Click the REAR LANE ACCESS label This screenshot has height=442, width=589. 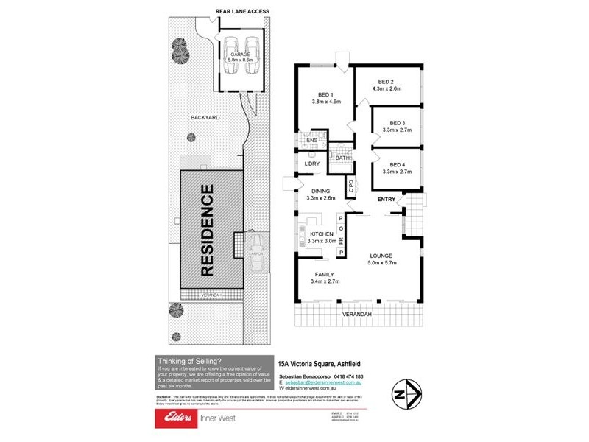(x=241, y=11)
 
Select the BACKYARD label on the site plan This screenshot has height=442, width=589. (x=205, y=117)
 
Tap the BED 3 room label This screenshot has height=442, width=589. (x=398, y=122)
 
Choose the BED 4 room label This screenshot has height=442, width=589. (x=398, y=164)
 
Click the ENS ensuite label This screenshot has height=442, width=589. (x=311, y=140)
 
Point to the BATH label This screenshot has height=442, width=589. (x=342, y=158)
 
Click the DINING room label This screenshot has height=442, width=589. (x=320, y=190)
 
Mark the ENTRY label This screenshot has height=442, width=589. (x=387, y=200)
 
